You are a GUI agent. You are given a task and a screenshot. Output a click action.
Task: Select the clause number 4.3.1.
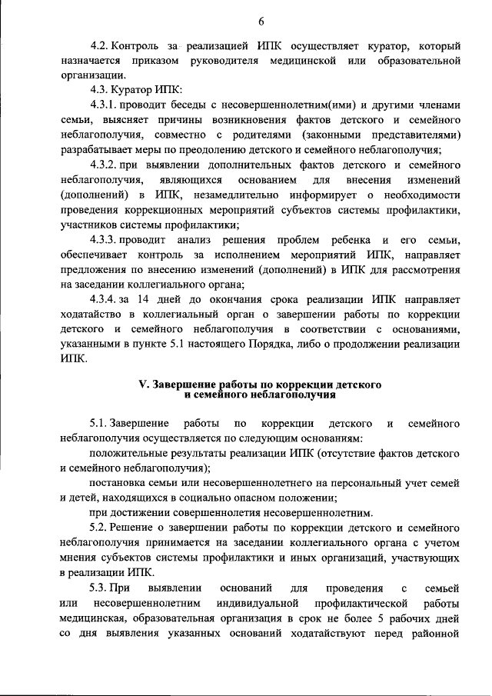(x=105, y=105)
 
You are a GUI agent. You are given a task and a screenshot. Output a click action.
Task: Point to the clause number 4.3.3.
(x=105, y=238)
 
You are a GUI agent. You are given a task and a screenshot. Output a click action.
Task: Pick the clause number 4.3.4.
(x=105, y=298)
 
